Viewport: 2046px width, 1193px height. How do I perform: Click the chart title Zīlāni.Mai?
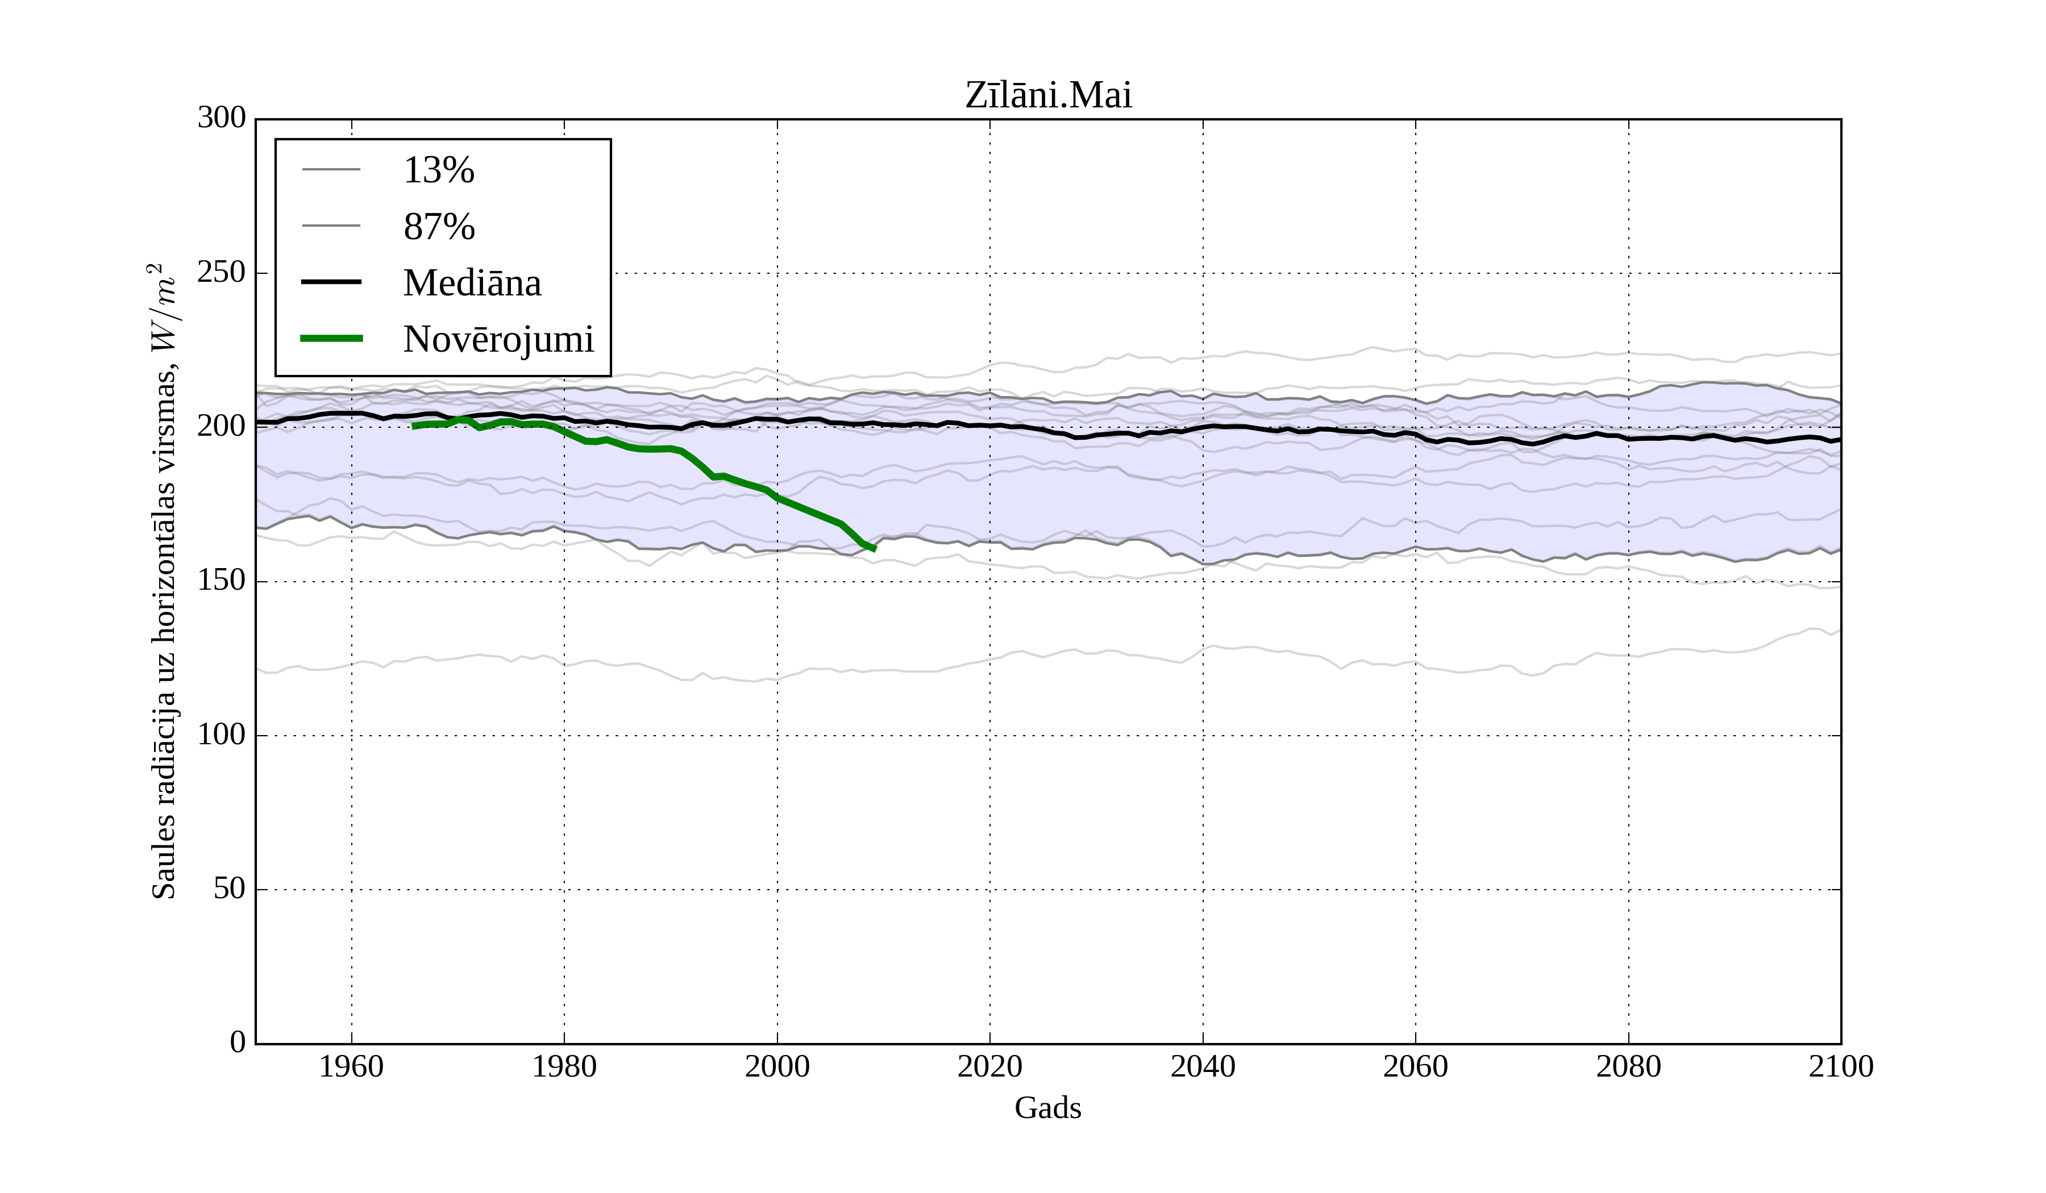tap(1047, 96)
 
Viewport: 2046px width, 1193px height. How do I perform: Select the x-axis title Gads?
tap(1047, 1108)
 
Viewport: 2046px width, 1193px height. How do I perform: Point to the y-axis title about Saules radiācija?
tap(164, 581)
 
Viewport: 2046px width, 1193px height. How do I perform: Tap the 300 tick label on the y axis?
tap(222, 119)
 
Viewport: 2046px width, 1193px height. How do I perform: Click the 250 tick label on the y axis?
tap(222, 273)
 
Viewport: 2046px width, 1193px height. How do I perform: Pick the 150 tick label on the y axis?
tap(222, 581)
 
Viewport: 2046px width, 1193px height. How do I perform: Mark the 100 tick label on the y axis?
tap(222, 735)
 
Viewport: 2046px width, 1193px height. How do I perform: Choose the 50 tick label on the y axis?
tap(230, 890)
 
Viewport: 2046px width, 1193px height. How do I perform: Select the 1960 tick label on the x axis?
tap(352, 1066)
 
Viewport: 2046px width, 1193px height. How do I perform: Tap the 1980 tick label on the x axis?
tap(564, 1066)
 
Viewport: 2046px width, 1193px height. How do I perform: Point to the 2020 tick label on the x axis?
tap(989, 1066)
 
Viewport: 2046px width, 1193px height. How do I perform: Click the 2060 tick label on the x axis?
tap(1415, 1066)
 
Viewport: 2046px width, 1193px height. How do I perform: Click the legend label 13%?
tap(438, 170)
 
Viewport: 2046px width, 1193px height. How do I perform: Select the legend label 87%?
tap(438, 227)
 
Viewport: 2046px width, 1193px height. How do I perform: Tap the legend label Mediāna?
tap(472, 283)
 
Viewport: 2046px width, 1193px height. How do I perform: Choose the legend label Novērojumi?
tap(498, 339)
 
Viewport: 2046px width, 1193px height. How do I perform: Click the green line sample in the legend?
tap(331, 339)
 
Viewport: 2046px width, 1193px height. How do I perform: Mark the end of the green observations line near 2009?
tap(874, 549)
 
